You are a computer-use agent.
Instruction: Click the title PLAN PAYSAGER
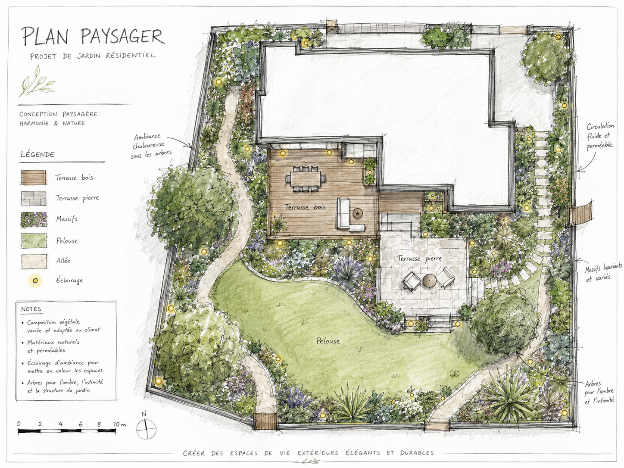pyautogui.click(x=93, y=36)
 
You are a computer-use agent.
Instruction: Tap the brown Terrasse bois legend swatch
pyautogui.click(x=34, y=178)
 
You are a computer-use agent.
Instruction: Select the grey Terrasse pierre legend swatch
pyautogui.click(x=34, y=198)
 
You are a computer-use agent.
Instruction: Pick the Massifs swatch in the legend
pyautogui.click(x=34, y=219)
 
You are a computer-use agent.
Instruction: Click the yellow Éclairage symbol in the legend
pyautogui.click(x=35, y=281)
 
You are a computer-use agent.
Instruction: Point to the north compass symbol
pyautogui.click(x=146, y=428)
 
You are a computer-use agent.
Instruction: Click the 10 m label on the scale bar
pyautogui.click(x=120, y=424)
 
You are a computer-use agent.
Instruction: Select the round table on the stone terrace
pyautogui.click(x=429, y=280)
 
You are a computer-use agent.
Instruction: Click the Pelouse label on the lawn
pyautogui.click(x=328, y=341)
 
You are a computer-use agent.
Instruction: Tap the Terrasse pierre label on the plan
pyautogui.click(x=419, y=259)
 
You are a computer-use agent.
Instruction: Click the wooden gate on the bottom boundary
pyautogui.click(x=265, y=421)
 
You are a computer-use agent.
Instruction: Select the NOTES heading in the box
pyautogui.click(x=31, y=309)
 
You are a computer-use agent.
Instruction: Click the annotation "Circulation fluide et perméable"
pyautogui.click(x=599, y=136)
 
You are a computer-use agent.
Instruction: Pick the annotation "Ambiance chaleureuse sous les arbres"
pyautogui.click(x=151, y=146)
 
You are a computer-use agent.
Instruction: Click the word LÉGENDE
pyautogui.click(x=37, y=155)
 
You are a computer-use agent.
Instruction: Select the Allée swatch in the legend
pyautogui.click(x=34, y=261)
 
